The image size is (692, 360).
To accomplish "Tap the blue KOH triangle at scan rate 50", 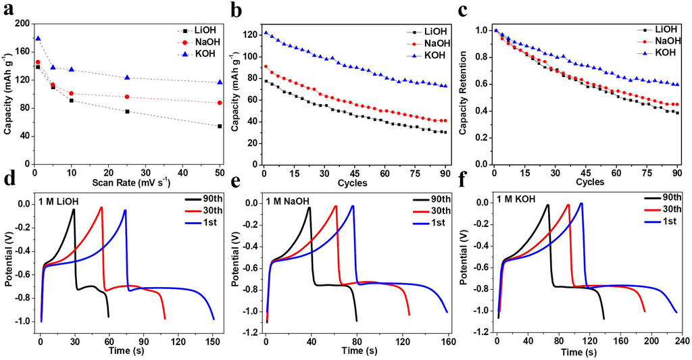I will pos(220,82).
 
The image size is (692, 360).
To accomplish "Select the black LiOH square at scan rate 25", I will pos(127,111).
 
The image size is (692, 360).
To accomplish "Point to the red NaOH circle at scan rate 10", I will pos(72,93).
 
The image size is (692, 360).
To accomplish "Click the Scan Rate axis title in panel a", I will pos(126,182).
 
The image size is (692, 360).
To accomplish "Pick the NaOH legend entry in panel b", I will pos(429,43).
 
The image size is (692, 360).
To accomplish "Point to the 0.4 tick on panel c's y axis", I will pos(483,111).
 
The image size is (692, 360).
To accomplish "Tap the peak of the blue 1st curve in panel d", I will pos(125,210).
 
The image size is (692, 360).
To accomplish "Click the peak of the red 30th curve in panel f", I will pos(568,205).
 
